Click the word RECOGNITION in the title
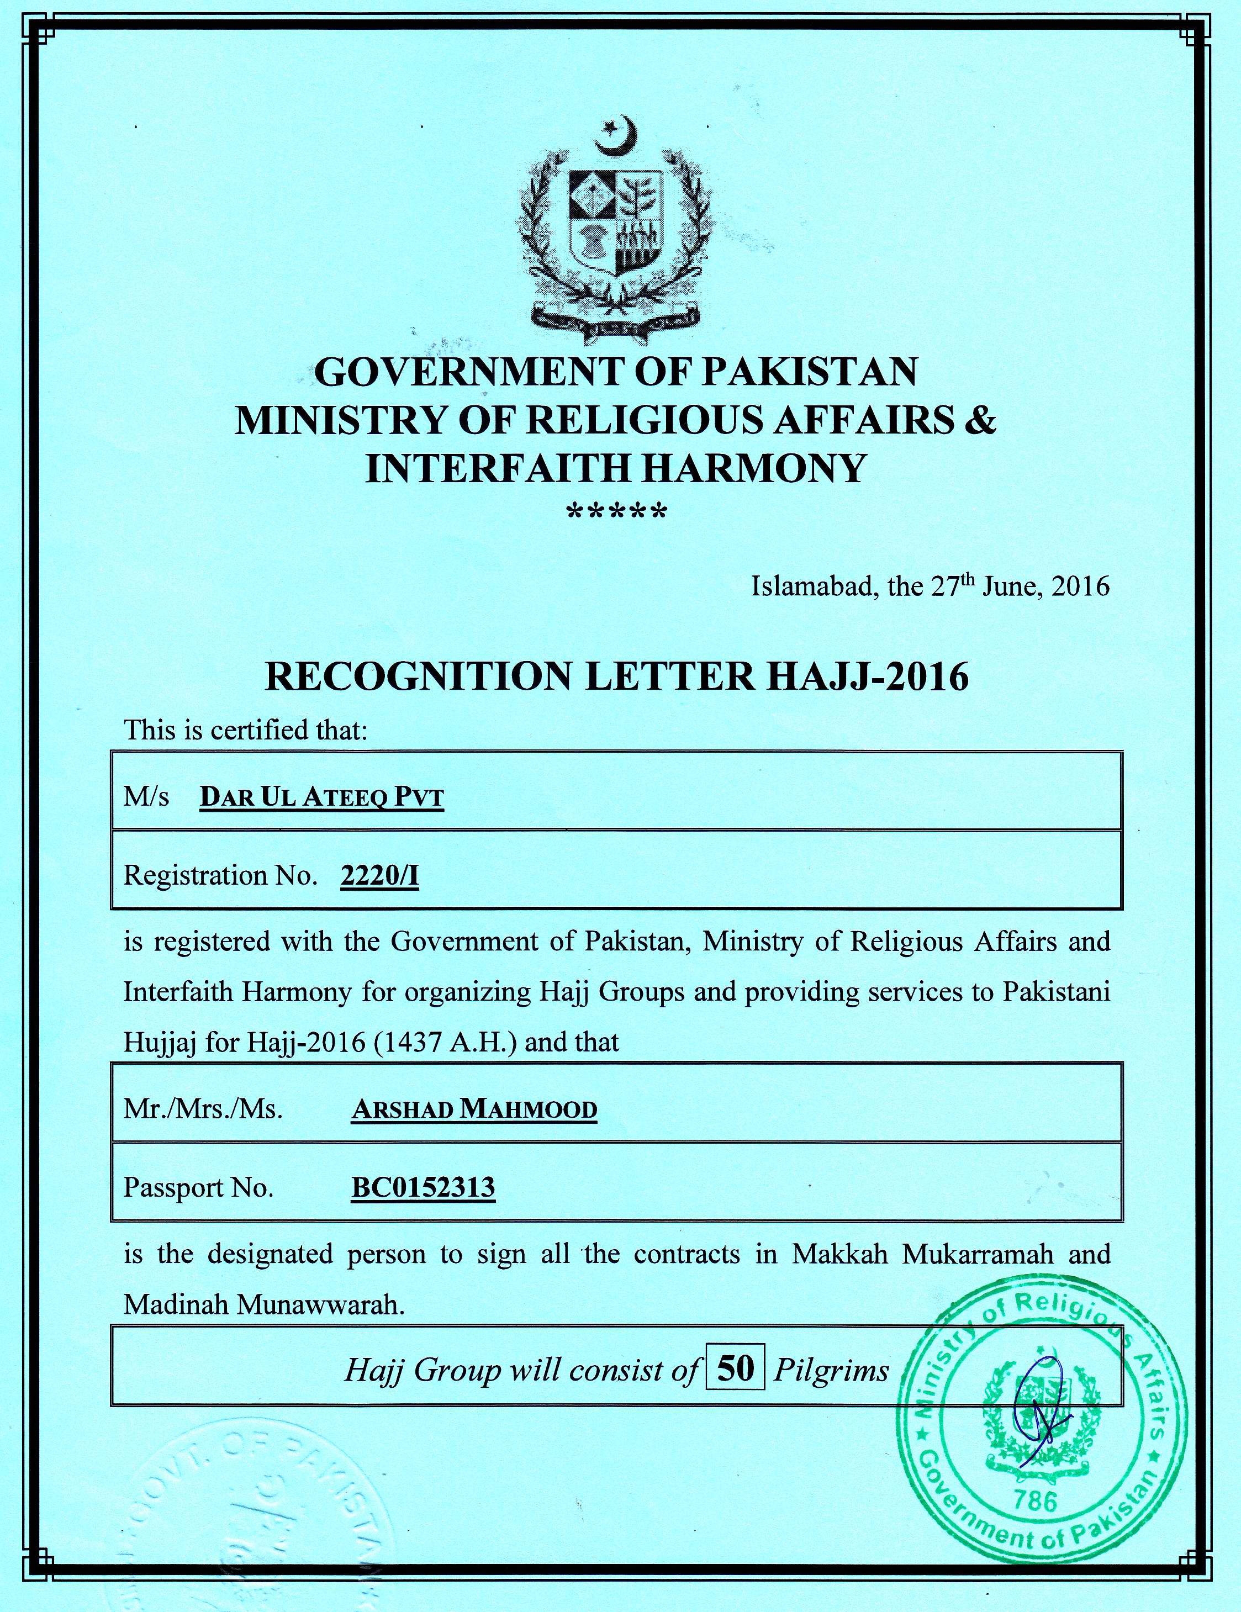tap(419, 676)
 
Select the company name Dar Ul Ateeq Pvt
tap(322, 798)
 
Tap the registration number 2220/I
tap(379, 875)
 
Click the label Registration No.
tap(220, 875)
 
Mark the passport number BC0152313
tap(423, 1187)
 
